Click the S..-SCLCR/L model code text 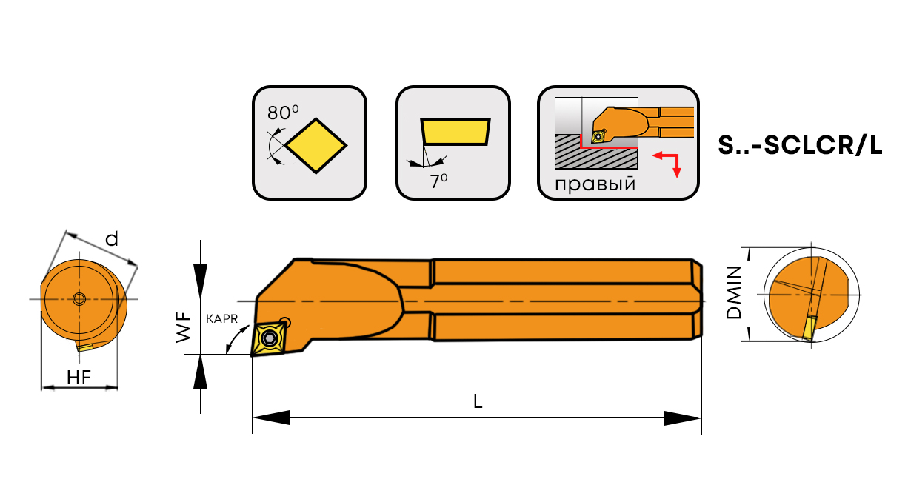tap(800, 145)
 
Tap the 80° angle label tap(283, 113)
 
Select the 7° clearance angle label tap(438, 181)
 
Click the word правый tap(595, 184)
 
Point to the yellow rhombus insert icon tap(316, 145)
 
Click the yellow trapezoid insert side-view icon tap(455, 131)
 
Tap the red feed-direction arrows tap(667, 165)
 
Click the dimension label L tap(478, 401)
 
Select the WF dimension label tap(183, 327)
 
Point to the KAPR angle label tap(221, 319)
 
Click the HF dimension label tap(79, 378)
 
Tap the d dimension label tap(112, 239)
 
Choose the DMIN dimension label tap(733, 292)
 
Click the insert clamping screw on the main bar tap(269, 338)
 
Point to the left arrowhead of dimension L tap(271, 418)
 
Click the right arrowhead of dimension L tap(683, 418)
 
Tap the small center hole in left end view tap(79, 299)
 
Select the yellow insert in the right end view tap(809, 327)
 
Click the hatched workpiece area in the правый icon tap(596, 152)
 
